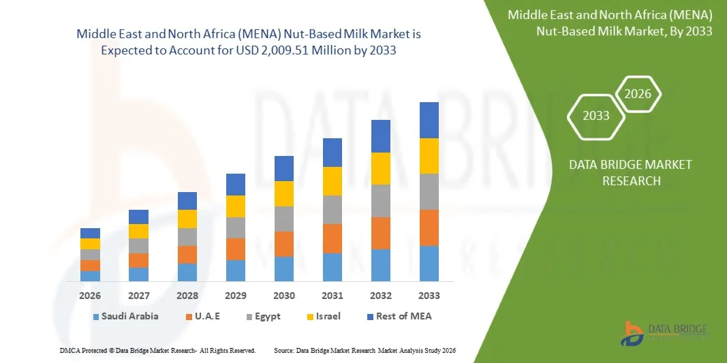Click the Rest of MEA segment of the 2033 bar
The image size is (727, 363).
(429, 120)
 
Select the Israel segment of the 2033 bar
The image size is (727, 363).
(429, 156)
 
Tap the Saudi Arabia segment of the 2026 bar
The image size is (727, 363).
(90, 276)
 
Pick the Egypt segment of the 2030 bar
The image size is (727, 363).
(283, 219)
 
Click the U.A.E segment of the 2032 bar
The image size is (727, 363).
(380, 233)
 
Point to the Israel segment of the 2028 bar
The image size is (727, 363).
(187, 219)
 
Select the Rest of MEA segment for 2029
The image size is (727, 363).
(235, 184)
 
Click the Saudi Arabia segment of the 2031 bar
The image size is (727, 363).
(332, 267)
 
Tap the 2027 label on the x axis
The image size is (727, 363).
(138, 296)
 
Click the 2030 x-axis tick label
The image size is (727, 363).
(283, 296)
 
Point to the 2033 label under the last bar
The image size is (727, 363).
(429, 296)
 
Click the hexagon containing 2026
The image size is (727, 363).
(638, 94)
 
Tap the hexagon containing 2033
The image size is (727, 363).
(596, 115)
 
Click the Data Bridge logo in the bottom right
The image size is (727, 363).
(664, 332)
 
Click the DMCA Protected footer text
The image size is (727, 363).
(157, 350)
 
